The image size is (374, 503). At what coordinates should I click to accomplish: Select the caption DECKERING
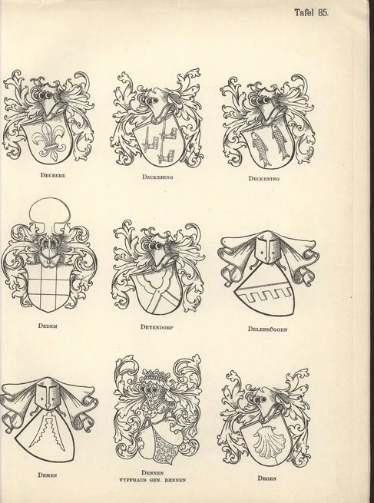click(159, 177)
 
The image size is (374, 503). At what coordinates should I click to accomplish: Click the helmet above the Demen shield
click(49, 395)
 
